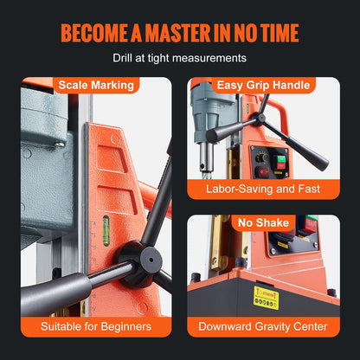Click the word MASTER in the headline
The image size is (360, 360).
(x=177, y=33)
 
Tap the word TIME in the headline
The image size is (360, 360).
(x=280, y=33)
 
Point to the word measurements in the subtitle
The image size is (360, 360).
(x=209, y=58)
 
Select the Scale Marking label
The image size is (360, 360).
(x=96, y=85)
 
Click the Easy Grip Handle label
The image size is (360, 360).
(x=263, y=85)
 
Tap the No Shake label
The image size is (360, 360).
(x=263, y=222)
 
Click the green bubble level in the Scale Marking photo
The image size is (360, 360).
(x=106, y=230)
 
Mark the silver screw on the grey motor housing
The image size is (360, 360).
(x=60, y=144)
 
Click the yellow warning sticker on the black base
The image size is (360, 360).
(x=266, y=298)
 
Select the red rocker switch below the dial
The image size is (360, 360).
(x=263, y=172)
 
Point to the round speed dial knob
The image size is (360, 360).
(x=263, y=157)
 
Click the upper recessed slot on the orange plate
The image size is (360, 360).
(x=111, y=159)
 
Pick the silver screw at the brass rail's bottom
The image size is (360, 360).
(x=215, y=261)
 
